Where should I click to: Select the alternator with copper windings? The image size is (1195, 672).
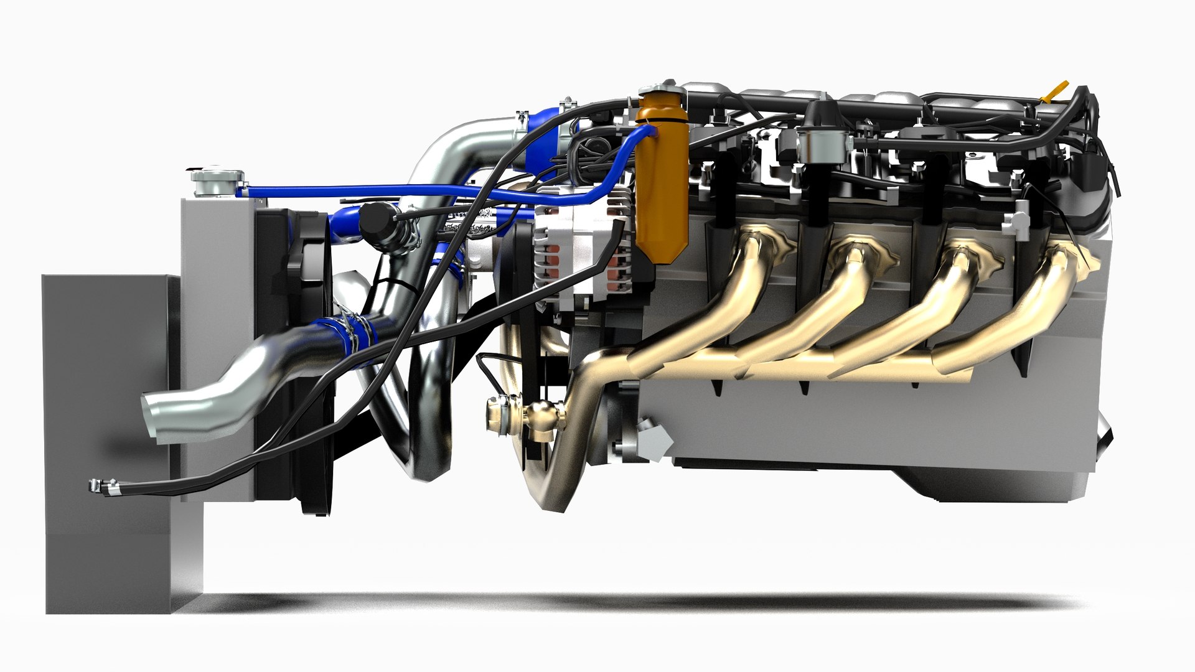point(582,249)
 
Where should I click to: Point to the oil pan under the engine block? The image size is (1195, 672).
point(996,485)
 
